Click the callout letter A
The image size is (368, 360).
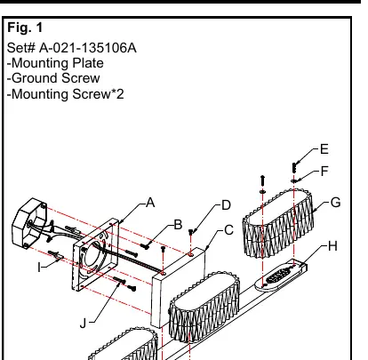coord(150,203)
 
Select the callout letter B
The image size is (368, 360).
coord(178,225)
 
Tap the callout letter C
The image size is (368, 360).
coord(228,230)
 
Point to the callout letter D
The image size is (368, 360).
coord(227,205)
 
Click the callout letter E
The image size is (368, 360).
coord(324,149)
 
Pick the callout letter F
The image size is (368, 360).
coord(324,171)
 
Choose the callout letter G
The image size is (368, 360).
coord(335,203)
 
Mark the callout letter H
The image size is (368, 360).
coord(333,246)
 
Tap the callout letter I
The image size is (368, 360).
coord(39,268)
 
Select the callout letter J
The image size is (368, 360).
coord(83,323)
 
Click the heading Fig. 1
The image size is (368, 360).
coord(25,28)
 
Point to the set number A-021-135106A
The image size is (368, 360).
coord(88,48)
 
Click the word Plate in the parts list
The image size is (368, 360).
coord(88,63)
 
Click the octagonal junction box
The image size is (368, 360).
coord(29,224)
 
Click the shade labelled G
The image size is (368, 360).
coord(278,223)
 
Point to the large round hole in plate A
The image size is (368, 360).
coord(93,255)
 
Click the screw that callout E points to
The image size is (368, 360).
coord(294,168)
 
